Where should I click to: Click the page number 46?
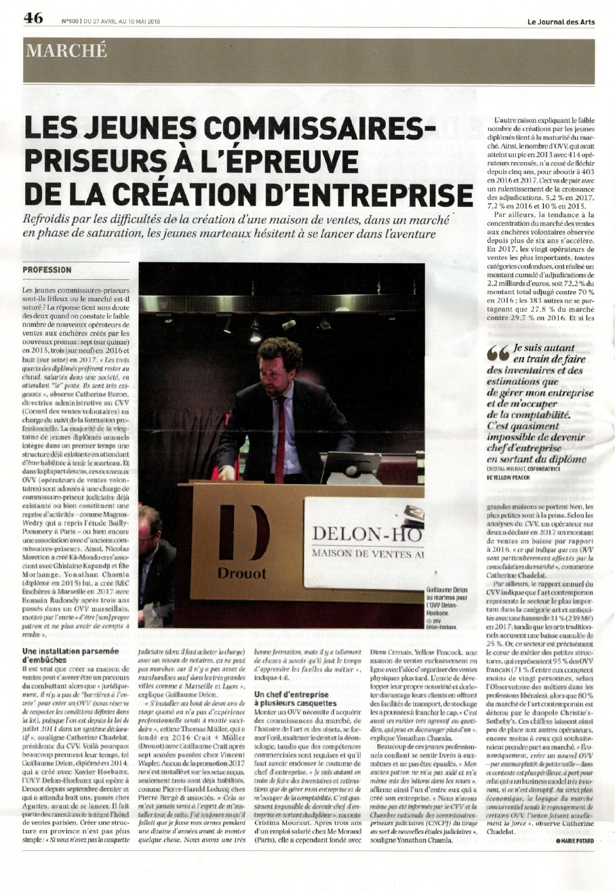[33, 19]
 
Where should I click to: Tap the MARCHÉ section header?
[66, 51]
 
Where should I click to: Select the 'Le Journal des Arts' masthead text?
[561, 22]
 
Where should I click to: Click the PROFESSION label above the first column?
[47, 270]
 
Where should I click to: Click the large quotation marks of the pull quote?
[497, 353]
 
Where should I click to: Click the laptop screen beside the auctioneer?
[349, 466]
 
